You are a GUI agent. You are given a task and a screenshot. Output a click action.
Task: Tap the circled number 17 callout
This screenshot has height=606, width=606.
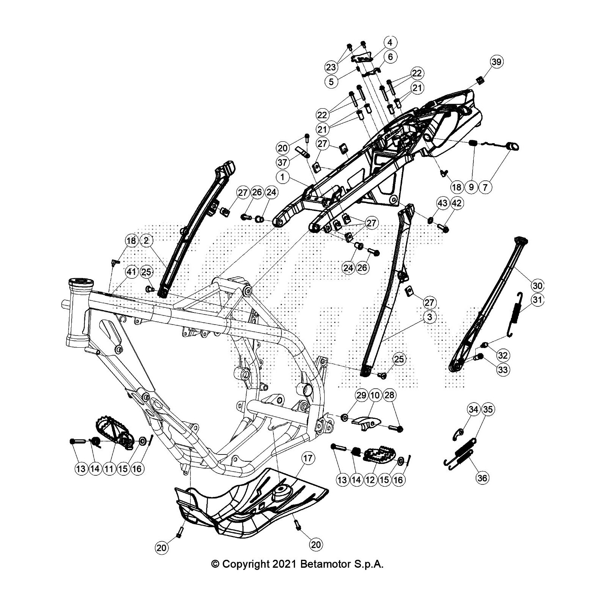308,459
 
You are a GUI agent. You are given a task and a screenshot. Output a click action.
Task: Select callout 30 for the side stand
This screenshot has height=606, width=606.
538,286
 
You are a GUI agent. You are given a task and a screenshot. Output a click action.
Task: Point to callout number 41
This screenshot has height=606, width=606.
131,272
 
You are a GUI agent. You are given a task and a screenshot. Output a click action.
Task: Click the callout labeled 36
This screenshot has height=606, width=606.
482,478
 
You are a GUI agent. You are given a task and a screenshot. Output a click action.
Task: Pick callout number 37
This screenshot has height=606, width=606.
283,162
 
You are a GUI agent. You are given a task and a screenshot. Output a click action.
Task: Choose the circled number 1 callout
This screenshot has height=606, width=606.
283,177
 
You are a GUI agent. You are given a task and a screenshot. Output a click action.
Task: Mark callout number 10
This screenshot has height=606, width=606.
375,396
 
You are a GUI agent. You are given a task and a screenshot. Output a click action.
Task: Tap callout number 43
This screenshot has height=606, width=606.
443,203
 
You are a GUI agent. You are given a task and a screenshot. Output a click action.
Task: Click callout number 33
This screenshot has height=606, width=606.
503,369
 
